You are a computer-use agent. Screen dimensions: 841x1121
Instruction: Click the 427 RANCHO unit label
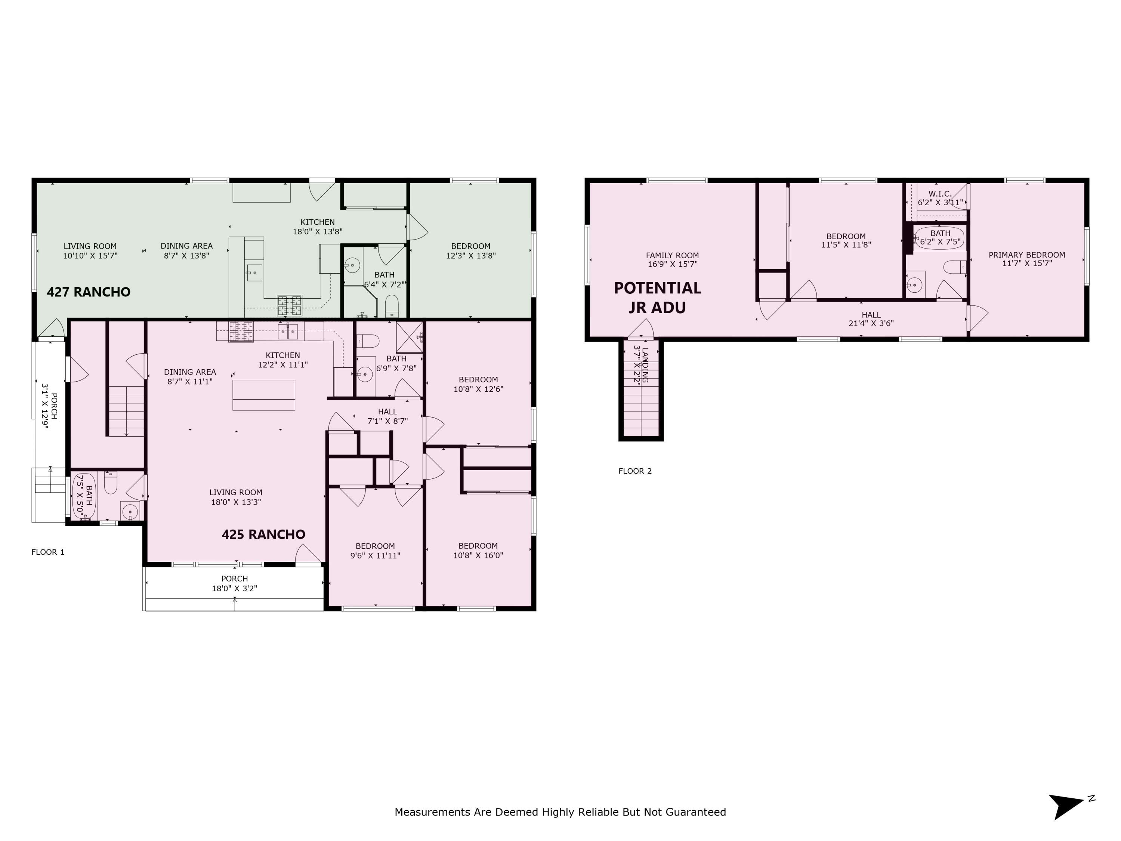pos(89,292)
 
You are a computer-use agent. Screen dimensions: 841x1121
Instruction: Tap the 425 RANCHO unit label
pos(263,534)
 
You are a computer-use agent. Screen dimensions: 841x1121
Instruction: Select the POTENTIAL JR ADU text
pos(657,298)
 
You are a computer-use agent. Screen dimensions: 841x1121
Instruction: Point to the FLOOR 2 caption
pos(634,471)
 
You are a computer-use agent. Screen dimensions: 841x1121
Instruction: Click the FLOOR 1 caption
pos(47,552)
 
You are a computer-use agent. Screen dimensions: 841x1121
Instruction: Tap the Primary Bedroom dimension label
pos(1026,259)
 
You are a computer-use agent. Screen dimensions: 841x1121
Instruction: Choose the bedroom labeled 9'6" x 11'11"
pos(375,551)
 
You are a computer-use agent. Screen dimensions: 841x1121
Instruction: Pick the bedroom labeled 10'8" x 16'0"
pos(478,551)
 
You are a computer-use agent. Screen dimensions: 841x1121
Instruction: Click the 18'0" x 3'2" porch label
pos(234,583)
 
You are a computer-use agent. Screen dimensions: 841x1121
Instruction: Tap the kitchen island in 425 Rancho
pos(263,395)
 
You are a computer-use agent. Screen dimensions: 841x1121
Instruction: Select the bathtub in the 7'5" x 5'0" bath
pos(82,496)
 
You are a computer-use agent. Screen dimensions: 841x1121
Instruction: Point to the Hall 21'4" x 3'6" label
pos(871,319)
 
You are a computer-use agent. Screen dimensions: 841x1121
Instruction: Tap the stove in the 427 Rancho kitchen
pos(289,306)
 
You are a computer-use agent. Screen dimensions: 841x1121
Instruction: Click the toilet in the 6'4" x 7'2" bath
pos(392,306)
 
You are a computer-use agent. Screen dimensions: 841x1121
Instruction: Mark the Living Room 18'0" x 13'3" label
pos(236,497)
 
